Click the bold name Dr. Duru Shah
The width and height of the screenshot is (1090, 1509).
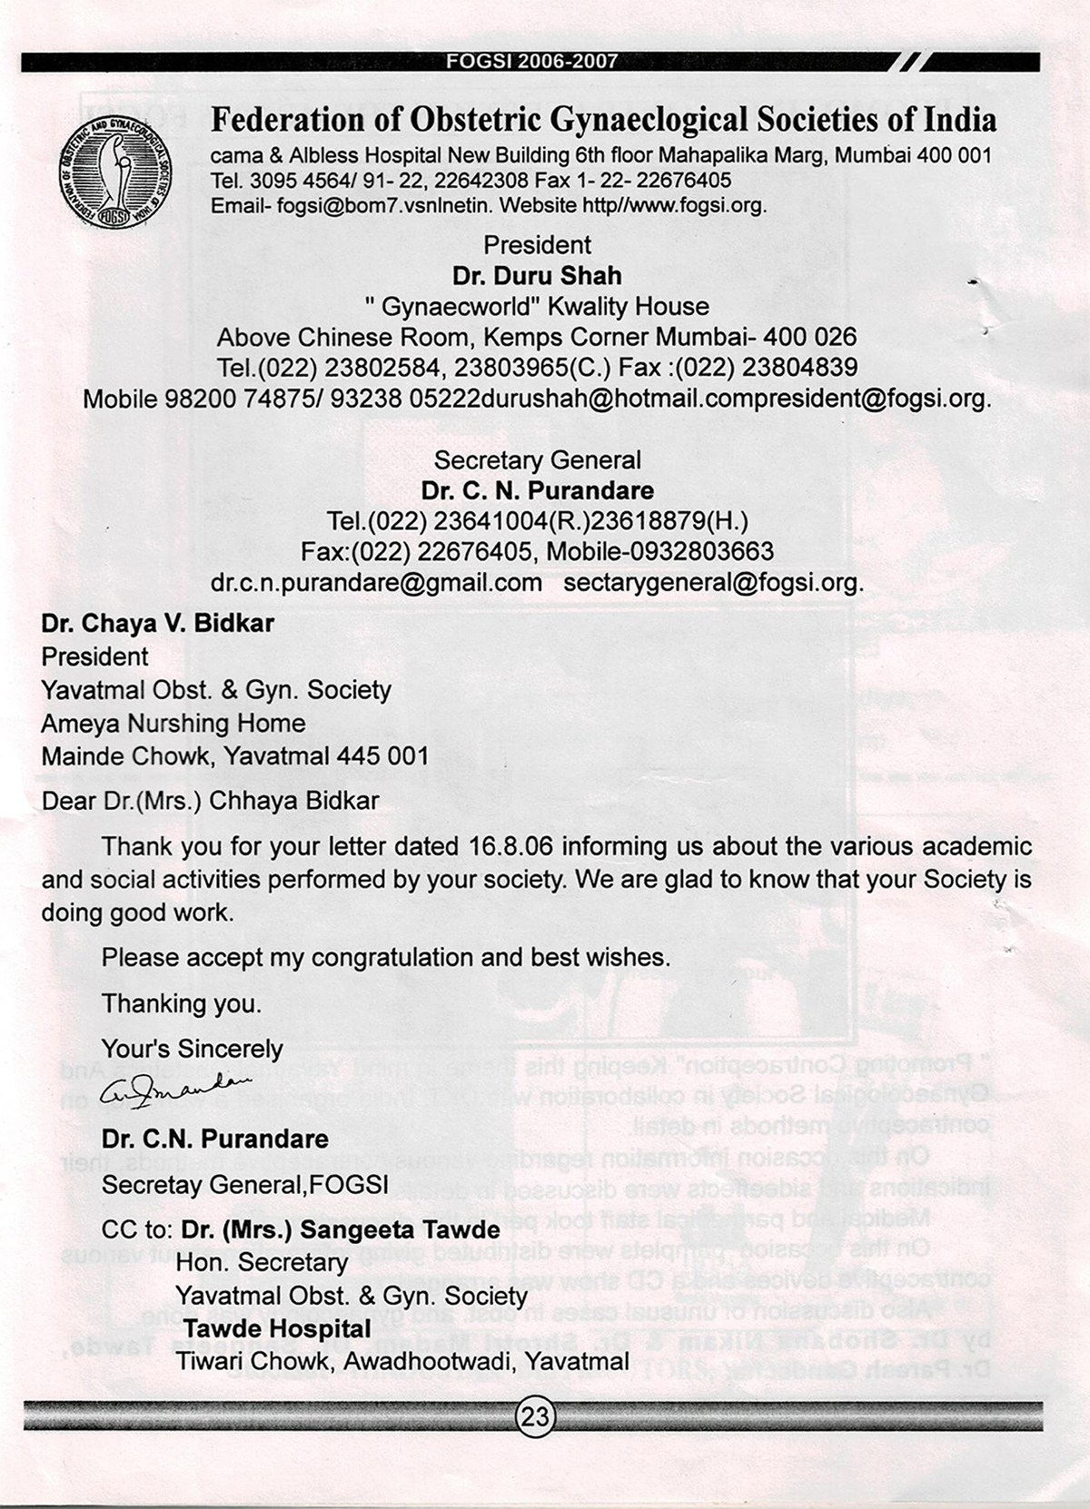coord(537,275)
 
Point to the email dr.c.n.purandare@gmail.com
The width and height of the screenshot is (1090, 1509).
coord(377,582)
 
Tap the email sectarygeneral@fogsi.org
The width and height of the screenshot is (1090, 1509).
coord(713,582)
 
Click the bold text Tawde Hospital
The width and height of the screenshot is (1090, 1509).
coord(277,1328)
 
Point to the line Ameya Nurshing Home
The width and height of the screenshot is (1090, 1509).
coord(173,723)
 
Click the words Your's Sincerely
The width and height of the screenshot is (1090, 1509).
coord(193,1049)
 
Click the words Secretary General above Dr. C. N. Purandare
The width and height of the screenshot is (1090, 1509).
coord(537,460)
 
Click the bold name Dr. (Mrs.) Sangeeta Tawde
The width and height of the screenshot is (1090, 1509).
coord(341,1229)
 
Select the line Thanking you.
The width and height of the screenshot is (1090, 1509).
coord(182,1003)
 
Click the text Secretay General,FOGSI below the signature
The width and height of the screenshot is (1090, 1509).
coord(245,1184)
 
